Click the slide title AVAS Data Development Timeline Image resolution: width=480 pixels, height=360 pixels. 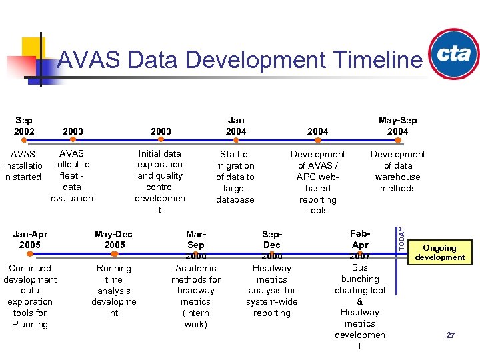coord(239,60)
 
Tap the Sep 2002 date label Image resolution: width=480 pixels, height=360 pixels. coord(23,125)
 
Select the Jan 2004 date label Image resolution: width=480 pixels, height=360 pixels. coord(235,125)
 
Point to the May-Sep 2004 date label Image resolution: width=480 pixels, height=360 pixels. coord(397,125)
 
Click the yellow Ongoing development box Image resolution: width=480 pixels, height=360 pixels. coord(439,252)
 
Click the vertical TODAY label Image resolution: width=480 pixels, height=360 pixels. coord(401,236)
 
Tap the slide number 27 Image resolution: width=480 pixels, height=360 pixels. coord(451,335)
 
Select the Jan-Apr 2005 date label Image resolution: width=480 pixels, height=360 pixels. coord(30,239)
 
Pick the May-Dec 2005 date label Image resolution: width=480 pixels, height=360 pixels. coord(114,239)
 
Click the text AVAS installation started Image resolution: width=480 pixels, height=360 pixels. coord(23,165)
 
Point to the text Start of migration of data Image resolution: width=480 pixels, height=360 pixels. coord(235,177)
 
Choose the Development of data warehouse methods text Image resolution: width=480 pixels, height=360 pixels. coord(397,171)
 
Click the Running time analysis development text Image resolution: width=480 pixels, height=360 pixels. coord(114,291)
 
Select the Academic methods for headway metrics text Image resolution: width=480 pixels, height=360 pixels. coord(196,296)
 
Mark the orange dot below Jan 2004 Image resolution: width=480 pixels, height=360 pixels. coord(236,140)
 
